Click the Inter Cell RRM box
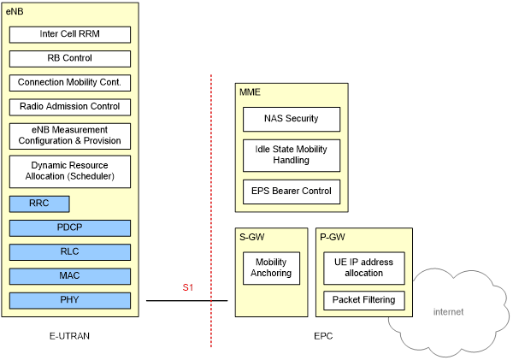point(70,34)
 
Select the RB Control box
point(70,58)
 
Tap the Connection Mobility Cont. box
point(70,83)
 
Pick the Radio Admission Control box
point(70,107)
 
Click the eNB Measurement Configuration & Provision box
point(70,135)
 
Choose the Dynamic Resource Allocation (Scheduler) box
point(70,171)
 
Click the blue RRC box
point(38,204)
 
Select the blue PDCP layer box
point(70,227)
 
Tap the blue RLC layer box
point(70,251)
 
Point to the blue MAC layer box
point(70,275)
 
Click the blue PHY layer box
point(70,300)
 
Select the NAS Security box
point(292,119)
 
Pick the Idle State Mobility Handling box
point(292,155)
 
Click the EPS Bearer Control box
point(292,191)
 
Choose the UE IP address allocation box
point(364,268)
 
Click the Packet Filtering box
point(364,300)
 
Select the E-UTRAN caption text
point(69,336)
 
